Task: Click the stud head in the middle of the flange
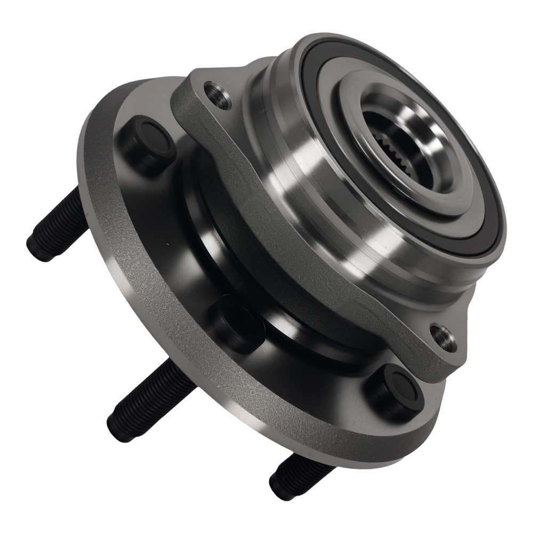tap(237, 323)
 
